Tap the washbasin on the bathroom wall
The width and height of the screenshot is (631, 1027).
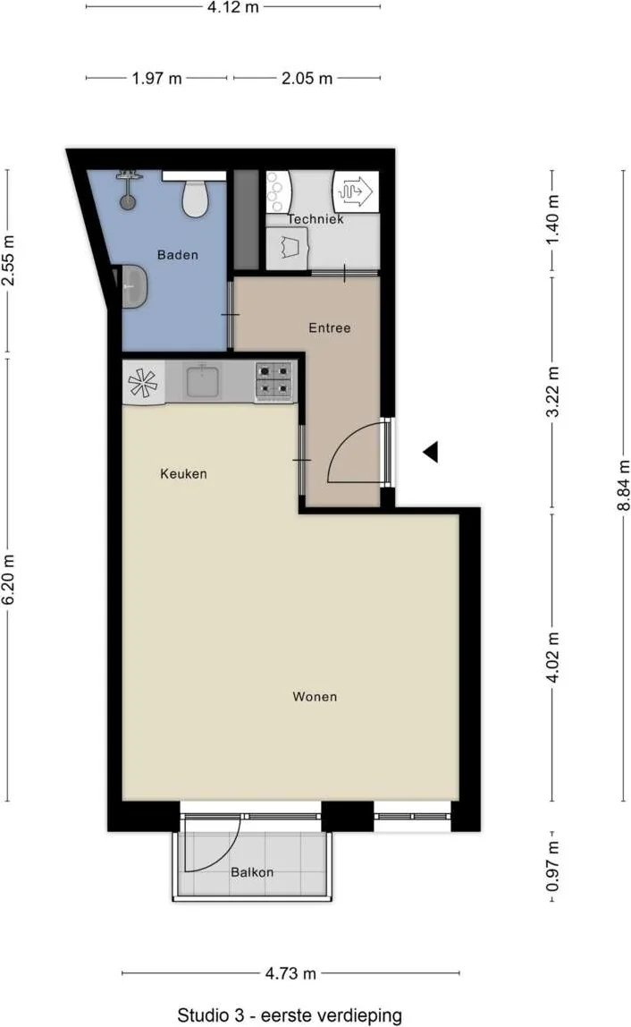pyautogui.click(x=133, y=286)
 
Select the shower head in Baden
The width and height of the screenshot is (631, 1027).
pyautogui.click(x=129, y=190)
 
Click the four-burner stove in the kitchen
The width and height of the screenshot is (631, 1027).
pyautogui.click(x=274, y=380)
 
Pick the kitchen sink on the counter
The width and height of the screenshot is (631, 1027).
pyautogui.click(x=202, y=380)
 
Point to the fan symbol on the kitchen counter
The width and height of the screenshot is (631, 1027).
pyautogui.click(x=143, y=383)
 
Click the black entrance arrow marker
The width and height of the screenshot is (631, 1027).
pyautogui.click(x=430, y=452)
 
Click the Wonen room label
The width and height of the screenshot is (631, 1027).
pyautogui.click(x=315, y=696)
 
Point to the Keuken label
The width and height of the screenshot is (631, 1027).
pyautogui.click(x=183, y=473)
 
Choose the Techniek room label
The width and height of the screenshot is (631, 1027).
pyautogui.click(x=315, y=219)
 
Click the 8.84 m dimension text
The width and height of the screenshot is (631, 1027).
pyautogui.click(x=624, y=485)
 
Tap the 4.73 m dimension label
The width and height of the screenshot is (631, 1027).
pyautogui.click(x=290, y=973)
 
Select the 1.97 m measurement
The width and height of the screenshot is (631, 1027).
pyautogui.click(x=157, y=79)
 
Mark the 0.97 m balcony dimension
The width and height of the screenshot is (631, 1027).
pyautogui.click(x=553, y=866)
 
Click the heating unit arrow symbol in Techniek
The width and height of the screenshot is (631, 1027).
pyautogui.click(x=356, y=191)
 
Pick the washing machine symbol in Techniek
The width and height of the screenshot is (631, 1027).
pyautogui.click(x=288, y=248)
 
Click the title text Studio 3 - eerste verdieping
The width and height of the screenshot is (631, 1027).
pyautogui.click(x=290, y=1015)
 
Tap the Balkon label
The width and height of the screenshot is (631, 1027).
pyautogui.click(x=252, y=872)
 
